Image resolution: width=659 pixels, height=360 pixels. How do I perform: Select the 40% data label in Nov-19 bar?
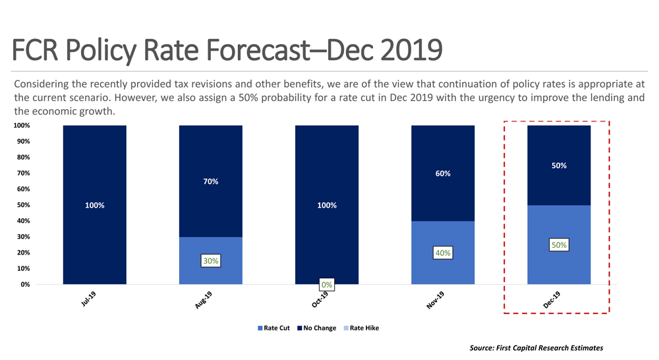coord(442,253)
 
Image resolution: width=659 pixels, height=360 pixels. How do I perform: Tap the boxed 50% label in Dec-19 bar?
coord(559,245)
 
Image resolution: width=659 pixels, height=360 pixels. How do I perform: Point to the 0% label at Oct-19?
coord(327,285)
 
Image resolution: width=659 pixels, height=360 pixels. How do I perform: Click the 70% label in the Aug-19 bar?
coord(211,181)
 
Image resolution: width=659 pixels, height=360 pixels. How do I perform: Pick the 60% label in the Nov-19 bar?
coord(443,173)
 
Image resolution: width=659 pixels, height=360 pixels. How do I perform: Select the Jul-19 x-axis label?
coord(89,300)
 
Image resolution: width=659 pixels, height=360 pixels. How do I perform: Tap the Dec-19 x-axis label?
coord(552,301)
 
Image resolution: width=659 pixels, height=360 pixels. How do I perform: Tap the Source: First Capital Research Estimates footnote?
coord(536,347)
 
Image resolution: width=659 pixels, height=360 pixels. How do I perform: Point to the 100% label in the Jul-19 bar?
coord(95,206)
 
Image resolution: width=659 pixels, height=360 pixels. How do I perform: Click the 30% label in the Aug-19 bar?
coord(211,261)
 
